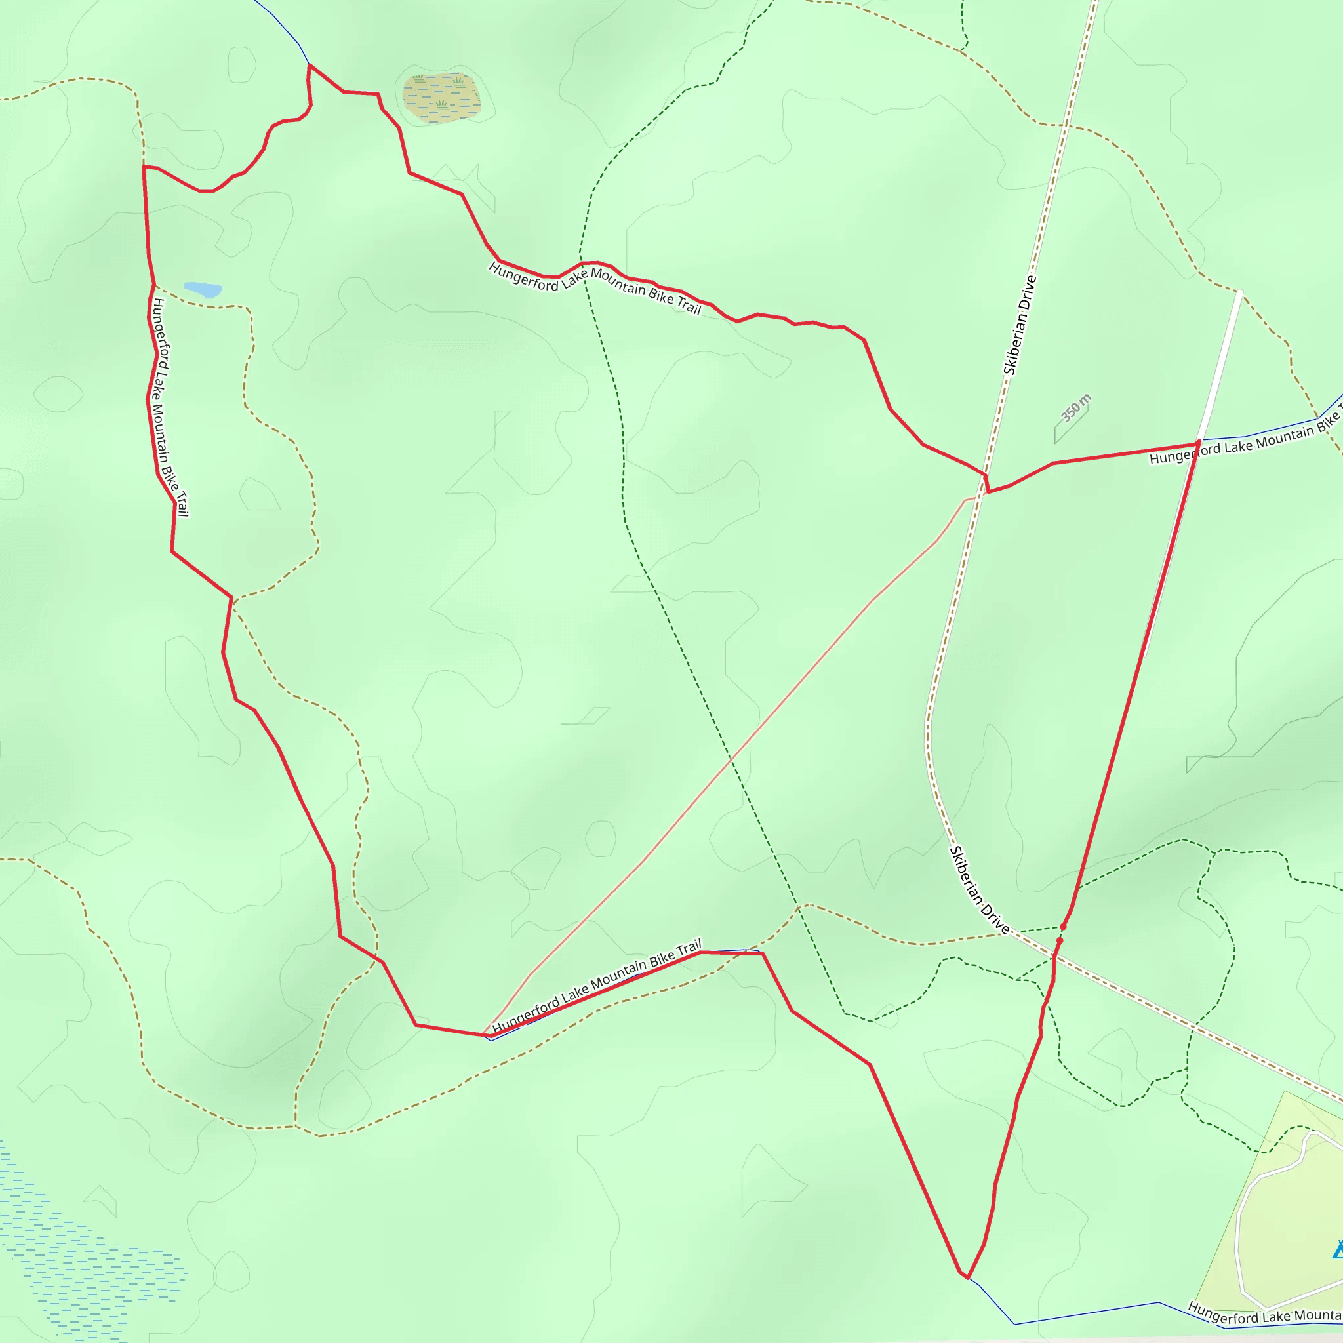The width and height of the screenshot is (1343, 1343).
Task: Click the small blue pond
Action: click(202, 289)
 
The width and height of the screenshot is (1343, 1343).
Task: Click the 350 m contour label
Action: click(1075, 407)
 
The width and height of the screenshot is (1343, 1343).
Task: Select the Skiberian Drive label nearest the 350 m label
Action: click(1020, 325)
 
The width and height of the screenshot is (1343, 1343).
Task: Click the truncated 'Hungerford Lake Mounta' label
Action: click(1264, 1312)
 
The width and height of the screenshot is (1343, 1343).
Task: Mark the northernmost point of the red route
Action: click(310, 66)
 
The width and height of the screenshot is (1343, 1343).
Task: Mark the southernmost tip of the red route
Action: click(966, 1277)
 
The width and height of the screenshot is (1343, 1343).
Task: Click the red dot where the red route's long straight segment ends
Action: click(1063, 927)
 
